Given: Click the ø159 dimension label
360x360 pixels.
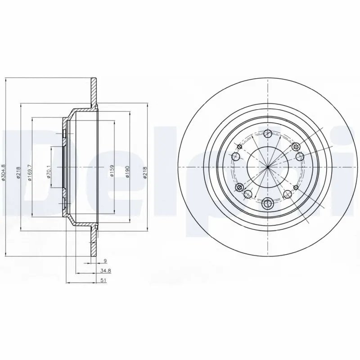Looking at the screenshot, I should tap(112, 171).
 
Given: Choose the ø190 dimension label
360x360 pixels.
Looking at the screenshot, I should tap(128, 171).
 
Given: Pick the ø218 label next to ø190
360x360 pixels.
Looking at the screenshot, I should tap(145, 171).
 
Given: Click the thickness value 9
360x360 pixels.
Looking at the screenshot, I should tap(105, 261).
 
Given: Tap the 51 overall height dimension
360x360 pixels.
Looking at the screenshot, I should tap(103, 281).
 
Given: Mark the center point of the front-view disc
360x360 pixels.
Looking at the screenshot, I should tap(268, 167).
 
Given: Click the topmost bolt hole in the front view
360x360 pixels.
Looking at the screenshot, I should tap(268, 134).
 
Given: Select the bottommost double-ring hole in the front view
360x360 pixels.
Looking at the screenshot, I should tap(268, 203).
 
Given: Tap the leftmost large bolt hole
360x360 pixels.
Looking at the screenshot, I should tap(236, 157).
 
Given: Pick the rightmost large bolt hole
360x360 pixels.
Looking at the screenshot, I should tap(300, 157).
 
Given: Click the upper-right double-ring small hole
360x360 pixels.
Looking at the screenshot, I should tap(296, 147).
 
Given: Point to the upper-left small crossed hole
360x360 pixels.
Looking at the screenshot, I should tap(239, 147).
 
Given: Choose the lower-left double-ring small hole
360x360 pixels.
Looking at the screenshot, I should tap(239, 187).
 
